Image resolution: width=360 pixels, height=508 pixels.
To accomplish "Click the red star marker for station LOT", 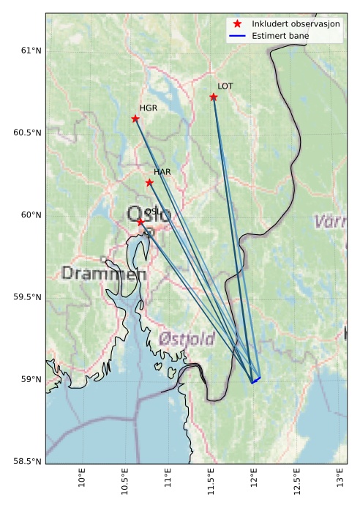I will [x=214, y=97].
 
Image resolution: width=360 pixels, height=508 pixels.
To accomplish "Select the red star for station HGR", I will [x=135, y=119].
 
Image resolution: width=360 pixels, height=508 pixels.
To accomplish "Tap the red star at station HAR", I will [x=149, y=182].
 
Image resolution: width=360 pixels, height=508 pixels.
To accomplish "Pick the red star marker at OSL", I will [x=140, y=221].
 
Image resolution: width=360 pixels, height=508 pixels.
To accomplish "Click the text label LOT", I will [x=225, y=86].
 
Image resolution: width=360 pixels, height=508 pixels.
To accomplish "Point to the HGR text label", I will [x=149, y=108].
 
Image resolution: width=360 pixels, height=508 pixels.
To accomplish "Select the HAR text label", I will [x=162, y=172].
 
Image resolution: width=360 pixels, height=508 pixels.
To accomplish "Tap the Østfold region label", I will [x=187, y=339].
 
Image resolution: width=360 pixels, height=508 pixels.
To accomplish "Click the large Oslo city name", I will [x=149, y=214].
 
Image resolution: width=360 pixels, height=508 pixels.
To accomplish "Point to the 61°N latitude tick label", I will [x=29, y=51].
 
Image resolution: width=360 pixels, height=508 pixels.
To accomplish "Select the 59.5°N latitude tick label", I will [x=26, y=297].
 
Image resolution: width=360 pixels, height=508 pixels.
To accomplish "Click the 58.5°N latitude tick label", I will [x=26, y=461].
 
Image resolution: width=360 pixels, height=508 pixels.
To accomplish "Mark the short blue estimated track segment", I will [x=256, y=379].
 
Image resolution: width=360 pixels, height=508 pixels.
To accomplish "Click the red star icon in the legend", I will [x=236, y=24].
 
